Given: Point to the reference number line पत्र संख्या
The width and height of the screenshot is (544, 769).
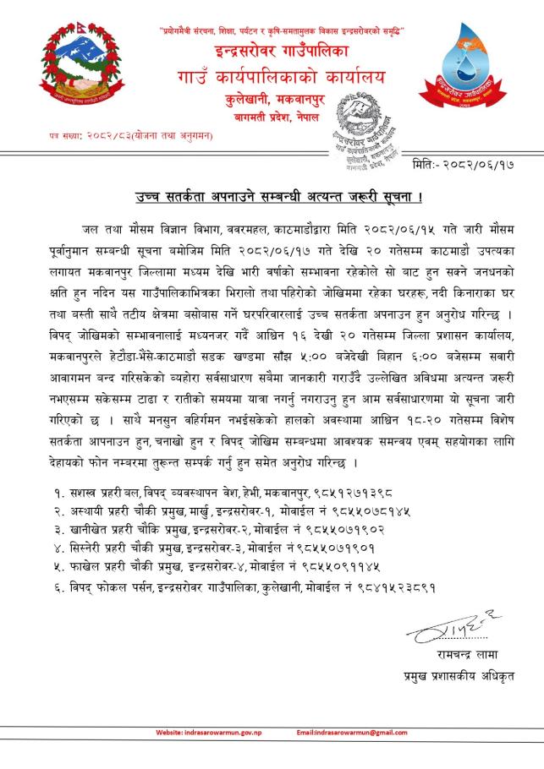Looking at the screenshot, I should pyautogui.click(x=120, y=134).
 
